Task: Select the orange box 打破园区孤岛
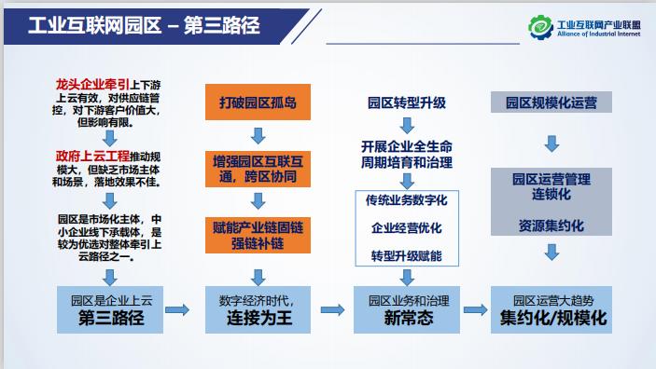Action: [252, 100]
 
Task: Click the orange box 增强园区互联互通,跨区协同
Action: [252, 169]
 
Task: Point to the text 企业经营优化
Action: [407, 228]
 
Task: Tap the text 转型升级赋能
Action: [407, 255]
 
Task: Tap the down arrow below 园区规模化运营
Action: [551, 143]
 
